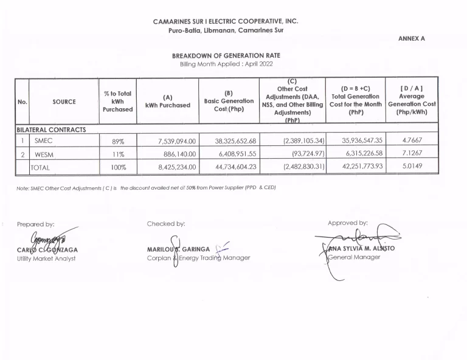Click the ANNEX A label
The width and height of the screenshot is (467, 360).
[x=412, y=38]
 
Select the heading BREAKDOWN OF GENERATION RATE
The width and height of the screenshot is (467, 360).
[x=226, y=55]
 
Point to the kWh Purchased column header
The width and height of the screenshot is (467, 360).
[x=168, y=101]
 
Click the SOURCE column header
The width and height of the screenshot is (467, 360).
[x=64, y=102]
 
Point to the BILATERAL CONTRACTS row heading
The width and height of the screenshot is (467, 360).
[x=51, y=130]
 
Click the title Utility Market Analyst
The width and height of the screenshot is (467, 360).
[x=46, y=258]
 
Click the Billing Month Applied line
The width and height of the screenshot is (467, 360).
[x=226, y=64]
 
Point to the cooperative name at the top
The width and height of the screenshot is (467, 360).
[x=226, y=21]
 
